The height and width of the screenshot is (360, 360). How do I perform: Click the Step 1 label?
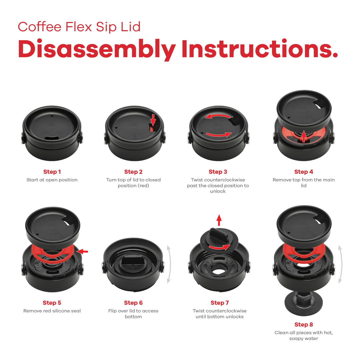[x=52, y=172]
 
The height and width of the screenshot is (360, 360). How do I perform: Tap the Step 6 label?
[x=133, y=303]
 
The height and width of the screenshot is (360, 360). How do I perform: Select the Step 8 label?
[x=304, y=325]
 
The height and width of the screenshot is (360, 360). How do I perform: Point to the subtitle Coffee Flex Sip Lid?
[x=79, y=27]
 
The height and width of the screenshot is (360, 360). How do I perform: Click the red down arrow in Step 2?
[x=153, y=119]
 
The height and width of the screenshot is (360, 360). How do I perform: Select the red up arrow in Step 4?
[x=303, y=136]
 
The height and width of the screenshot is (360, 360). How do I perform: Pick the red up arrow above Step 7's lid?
[x=219, y=220]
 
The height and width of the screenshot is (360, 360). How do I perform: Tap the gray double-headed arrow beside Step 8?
[x=340, y=264]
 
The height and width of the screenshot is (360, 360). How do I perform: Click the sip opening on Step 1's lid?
[x=52, y=138]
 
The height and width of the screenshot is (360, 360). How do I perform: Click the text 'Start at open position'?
[x=52, y=180]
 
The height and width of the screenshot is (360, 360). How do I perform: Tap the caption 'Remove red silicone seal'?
[x=52, y=311]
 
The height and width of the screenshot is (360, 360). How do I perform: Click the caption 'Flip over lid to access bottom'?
[x=133, y=314]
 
